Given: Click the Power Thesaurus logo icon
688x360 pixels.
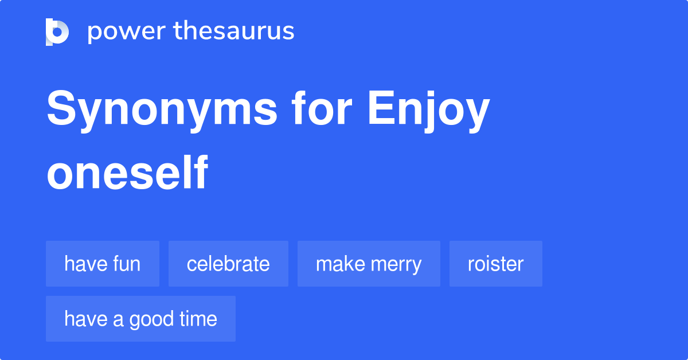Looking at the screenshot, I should click(57, 32).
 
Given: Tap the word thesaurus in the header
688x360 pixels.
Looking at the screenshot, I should click(234, 32).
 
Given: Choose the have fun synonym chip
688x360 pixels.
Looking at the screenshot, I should click(103, 264).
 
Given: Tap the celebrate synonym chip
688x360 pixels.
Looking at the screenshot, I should click(228, 264).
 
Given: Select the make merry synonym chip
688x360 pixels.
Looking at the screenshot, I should click(369, 264).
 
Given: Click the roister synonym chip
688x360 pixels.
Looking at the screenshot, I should click(495, 264).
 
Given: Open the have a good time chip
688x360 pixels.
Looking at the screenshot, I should click(140, 319).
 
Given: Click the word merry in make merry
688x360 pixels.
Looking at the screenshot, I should click(395, 264).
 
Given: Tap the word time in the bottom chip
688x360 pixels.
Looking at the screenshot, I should click(198, 319).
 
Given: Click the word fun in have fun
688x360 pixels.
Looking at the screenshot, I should click(127, 264).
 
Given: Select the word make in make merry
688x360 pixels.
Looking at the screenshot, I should click(338, 264).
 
